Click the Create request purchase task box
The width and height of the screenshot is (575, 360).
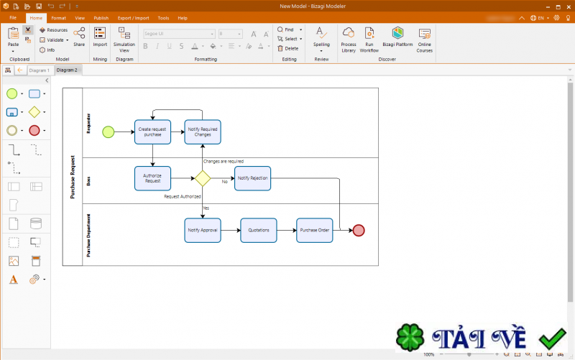coord(152,131)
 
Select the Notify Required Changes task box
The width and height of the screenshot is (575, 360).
coord(202,131)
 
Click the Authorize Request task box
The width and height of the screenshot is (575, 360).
coord(152,178)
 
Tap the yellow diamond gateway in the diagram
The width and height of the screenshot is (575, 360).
coord(202,178)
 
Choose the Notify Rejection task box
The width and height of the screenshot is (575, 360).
coord(252,178)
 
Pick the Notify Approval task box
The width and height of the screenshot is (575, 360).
coord(202,230)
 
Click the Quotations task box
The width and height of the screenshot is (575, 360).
coord(258,230)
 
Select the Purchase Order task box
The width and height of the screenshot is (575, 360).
coord(315,230)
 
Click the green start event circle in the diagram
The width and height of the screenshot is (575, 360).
coord(108,131)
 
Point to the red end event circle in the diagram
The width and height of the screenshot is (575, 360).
coord(359,230)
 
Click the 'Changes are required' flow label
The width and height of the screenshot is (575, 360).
coord(223,162)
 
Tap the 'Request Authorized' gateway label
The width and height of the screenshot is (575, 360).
coord(182,196)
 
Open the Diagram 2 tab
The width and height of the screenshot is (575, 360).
coord(67,70)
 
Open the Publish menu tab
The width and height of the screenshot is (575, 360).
coord(101,17)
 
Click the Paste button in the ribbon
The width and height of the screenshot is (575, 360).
coord(13,37)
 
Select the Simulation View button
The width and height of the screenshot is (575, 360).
coord(124,40)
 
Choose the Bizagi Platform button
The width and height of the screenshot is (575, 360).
coord(397,37)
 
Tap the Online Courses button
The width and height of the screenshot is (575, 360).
coord(425,40)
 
